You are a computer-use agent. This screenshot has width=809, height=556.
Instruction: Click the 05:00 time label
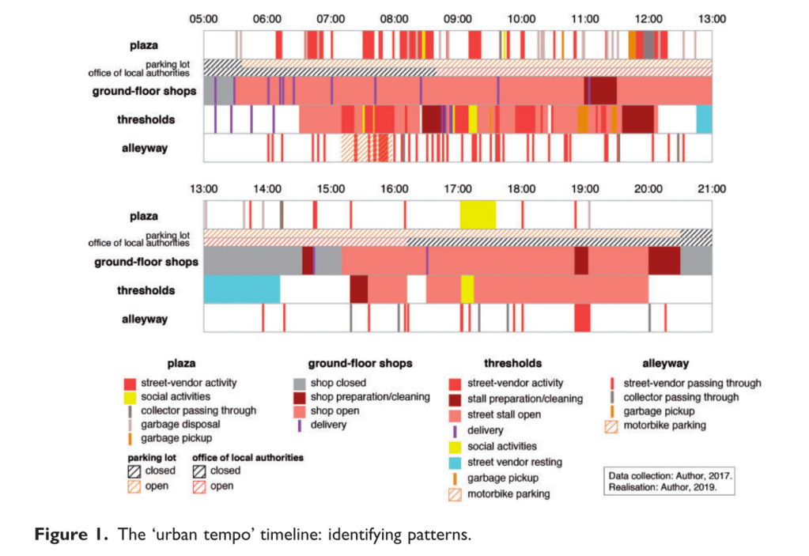click(203, 18)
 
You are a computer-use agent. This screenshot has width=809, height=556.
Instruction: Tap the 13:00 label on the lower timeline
click(203, 189)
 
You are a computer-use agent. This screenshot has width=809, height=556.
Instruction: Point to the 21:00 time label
click(712, 189)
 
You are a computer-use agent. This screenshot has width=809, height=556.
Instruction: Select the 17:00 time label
click(458, 189)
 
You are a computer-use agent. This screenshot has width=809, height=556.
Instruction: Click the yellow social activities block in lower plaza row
click(478, 214)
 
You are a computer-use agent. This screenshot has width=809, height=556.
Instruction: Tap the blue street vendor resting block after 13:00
click(241, 289)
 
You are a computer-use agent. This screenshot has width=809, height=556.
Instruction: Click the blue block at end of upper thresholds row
click(704, 119)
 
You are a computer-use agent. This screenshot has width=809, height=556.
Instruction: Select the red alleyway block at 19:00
click(582, 318)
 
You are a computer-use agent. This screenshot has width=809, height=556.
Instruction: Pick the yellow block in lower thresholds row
click(467, 289)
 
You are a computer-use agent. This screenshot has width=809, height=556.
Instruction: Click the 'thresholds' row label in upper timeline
click(148, 119)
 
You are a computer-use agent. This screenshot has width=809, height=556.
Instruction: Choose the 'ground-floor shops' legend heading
click(360, 364)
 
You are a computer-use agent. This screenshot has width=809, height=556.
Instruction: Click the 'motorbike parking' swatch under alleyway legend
click(611, 426)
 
